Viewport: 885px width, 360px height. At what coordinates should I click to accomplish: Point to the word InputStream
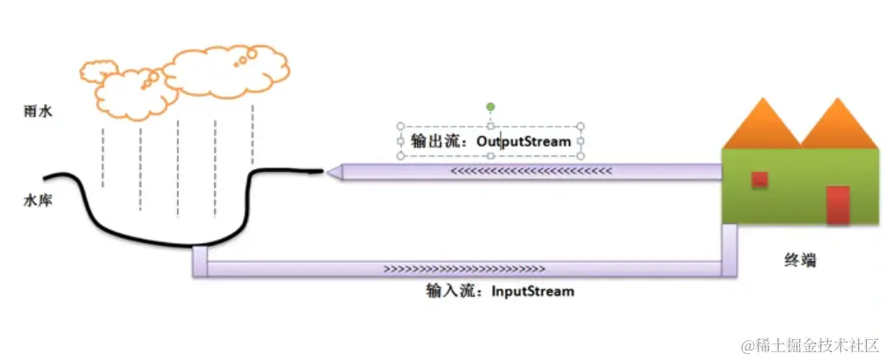pos(532,291)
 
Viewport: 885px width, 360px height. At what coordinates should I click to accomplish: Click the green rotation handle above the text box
pos(490,108)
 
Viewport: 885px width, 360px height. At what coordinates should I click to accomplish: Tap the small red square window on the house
pos(759,180)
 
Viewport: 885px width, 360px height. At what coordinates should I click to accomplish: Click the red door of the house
pos(837,205)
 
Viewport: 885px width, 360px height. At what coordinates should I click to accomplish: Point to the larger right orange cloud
pos(227,71)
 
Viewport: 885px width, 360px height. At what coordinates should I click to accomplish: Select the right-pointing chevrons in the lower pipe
pos(464,269)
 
